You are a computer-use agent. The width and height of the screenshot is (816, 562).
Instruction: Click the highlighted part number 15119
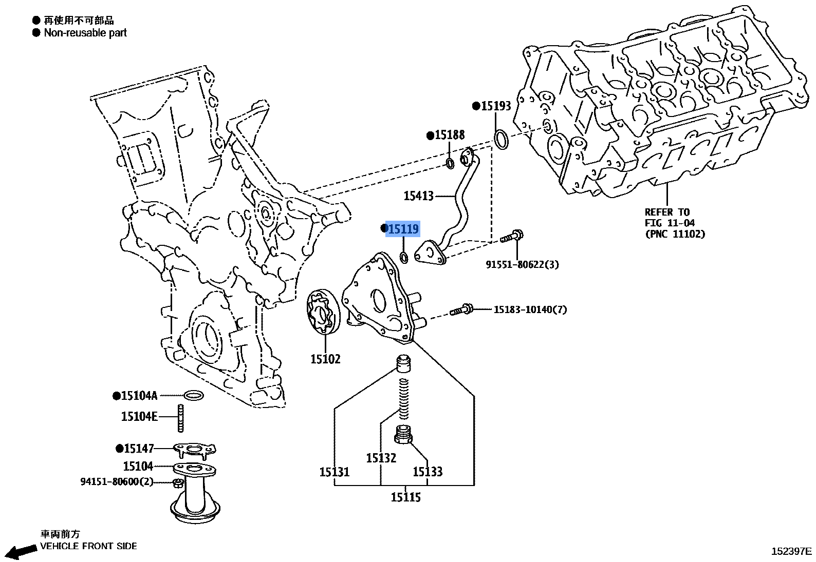tap(403, 229)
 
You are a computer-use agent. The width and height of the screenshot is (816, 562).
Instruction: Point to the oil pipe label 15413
tap(419, 196)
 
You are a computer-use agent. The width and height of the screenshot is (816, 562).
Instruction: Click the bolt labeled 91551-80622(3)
tap(512, 238)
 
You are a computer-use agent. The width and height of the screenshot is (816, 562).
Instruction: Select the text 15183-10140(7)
tap(530, 309)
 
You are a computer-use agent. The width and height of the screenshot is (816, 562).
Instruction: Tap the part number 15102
tap(325, 359)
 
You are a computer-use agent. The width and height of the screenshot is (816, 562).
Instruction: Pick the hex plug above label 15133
tap(404, 436)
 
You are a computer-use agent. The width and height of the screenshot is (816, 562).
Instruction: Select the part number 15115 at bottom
tap(405, 497)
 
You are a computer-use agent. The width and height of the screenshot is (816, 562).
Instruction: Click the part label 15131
tap(334, 472)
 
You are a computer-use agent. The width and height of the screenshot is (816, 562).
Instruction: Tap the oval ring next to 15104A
tap(193, 396)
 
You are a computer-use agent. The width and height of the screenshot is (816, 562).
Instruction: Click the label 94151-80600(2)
tap(117, 482)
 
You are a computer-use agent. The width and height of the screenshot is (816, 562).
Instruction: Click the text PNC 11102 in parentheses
tap(675, 234)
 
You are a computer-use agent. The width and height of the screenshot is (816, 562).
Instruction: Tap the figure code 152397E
tap(791, 551)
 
